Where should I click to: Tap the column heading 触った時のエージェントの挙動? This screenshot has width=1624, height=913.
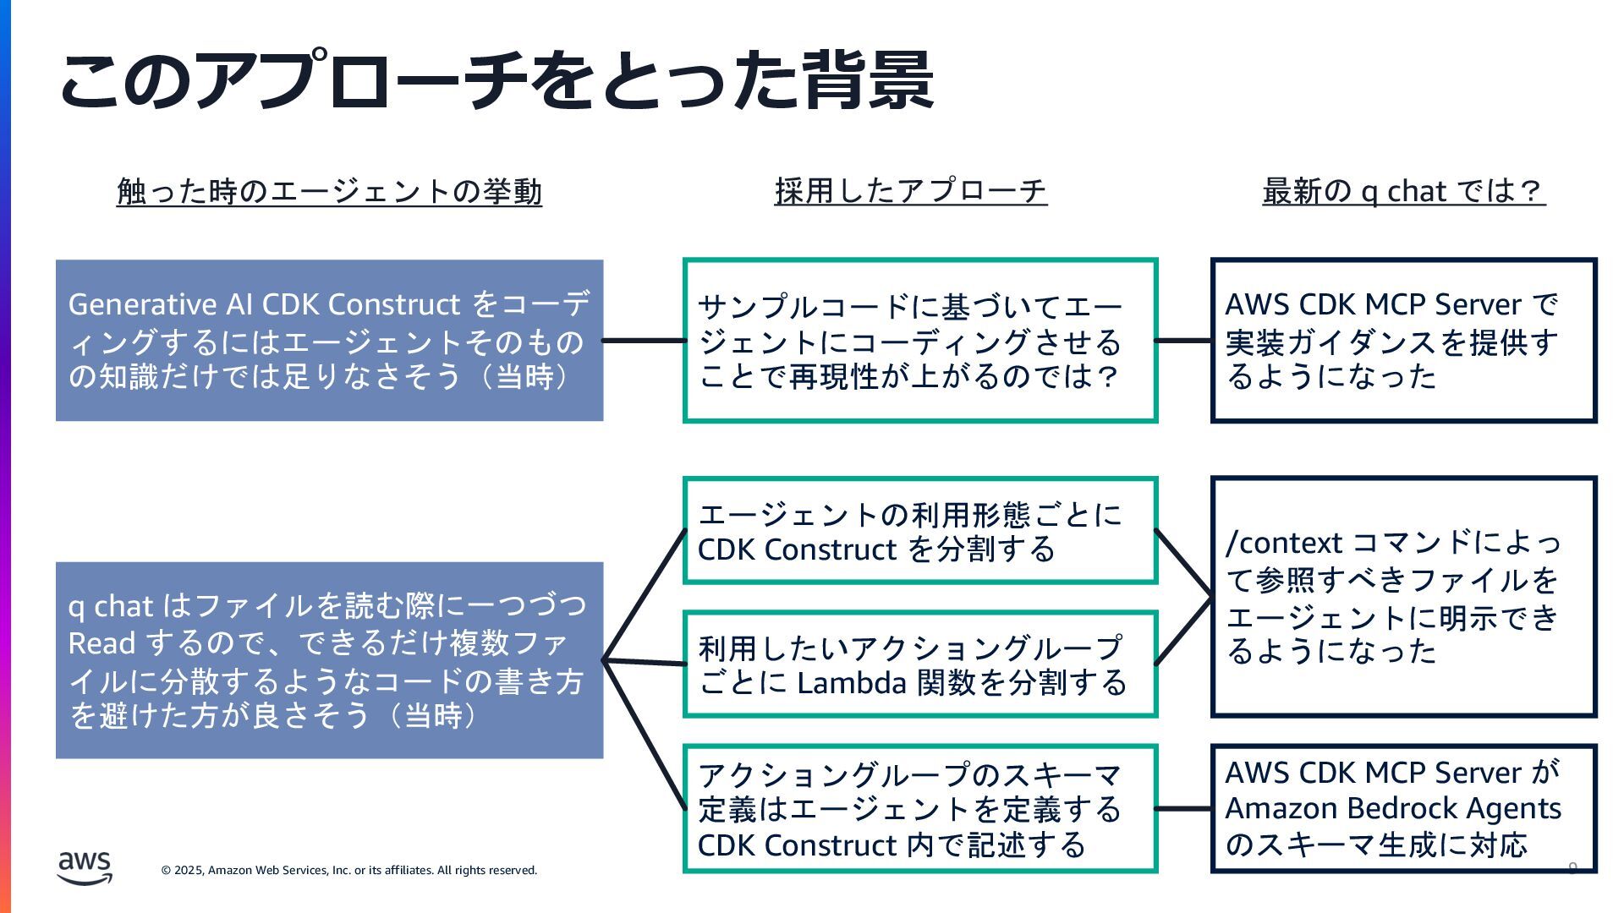coord(329,192)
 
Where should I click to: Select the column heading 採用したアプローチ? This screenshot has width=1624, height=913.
coord(910,191)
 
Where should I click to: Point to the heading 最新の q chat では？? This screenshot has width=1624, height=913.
coord(1403,191)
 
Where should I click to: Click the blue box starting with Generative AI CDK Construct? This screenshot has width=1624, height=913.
coord(329,340)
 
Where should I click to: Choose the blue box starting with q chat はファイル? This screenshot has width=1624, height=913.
coord(329,660)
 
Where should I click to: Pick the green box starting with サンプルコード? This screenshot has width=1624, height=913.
coord(919,340)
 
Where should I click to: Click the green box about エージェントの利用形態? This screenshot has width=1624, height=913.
coord(919,531)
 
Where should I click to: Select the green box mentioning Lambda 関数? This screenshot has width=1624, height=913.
coord(919,664)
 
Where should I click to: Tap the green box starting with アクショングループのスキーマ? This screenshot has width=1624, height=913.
coord(919,808)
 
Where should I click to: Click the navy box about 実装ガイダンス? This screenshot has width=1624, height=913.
coord(1403,340)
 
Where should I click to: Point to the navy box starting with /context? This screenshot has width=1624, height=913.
coord(1403,597)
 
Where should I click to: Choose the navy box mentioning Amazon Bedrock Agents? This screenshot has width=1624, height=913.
coord(1403,808)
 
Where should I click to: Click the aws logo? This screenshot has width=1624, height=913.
coord(85,867)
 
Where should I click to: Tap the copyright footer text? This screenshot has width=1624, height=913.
coord(349,870)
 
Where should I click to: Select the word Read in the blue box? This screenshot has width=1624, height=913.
coord(101,643)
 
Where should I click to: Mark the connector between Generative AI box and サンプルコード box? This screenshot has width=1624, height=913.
coord(643,341)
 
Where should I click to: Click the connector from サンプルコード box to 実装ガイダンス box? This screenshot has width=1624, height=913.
coord(1183,341)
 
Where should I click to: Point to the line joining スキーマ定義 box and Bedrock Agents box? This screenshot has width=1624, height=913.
coord(1183,809)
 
